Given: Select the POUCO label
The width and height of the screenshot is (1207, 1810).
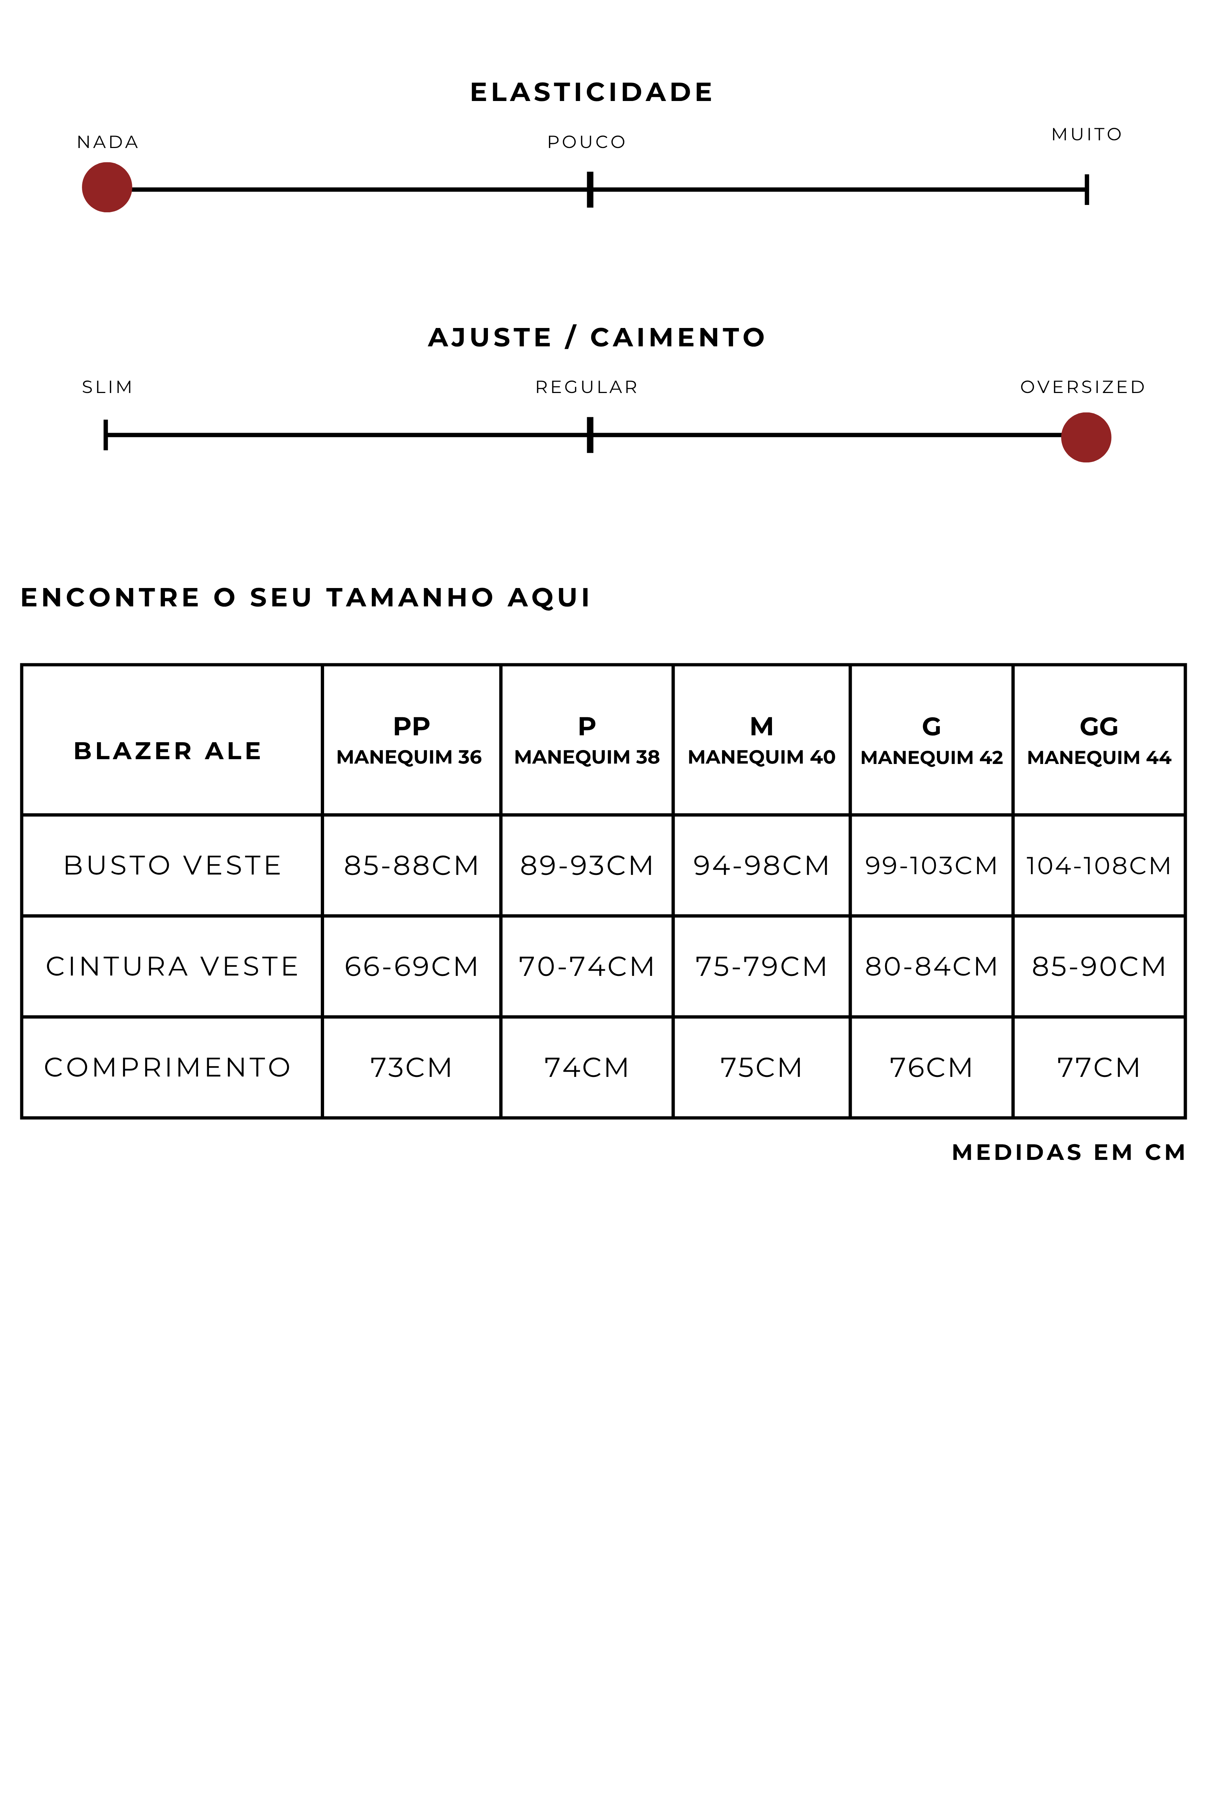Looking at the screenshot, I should pyautogui.click(x=586, y=143).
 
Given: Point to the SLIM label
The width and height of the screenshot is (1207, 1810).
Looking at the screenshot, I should pyautogui.click(x=107, y=387).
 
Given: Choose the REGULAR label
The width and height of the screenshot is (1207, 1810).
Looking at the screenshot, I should pyautogui.click(x=586, y=387).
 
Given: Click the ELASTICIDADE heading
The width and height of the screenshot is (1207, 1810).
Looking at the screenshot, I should pyautogui.click(x=591, y=92).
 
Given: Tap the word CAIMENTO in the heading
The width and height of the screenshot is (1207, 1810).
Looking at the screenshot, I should pyautogui.click(x=678, y=337).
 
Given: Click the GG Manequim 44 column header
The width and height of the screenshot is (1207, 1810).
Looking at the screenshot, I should pyautogui.click(x=1099, y=740).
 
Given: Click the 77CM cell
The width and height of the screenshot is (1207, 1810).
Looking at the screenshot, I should pyautogui.click(x=1099, y=1067).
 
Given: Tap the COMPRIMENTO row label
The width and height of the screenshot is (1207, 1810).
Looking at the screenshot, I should pyautogui.click(x=168, y=1067).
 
